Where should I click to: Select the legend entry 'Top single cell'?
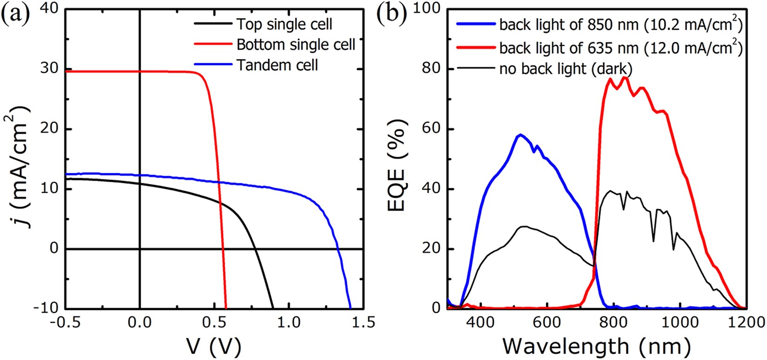[x=284, y=24]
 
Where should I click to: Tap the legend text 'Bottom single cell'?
[x=296, y=45]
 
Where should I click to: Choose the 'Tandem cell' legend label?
[x=277, y=65]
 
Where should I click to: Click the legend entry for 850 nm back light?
[x=620, y=25]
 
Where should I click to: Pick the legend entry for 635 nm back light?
[x=620, y=47]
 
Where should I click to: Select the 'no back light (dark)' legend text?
[x=566, y=69]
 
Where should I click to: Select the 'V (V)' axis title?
[x=214, y=347]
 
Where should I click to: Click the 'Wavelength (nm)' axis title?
[x=596, y=347]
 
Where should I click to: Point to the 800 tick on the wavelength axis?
[x=614, y=322]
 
